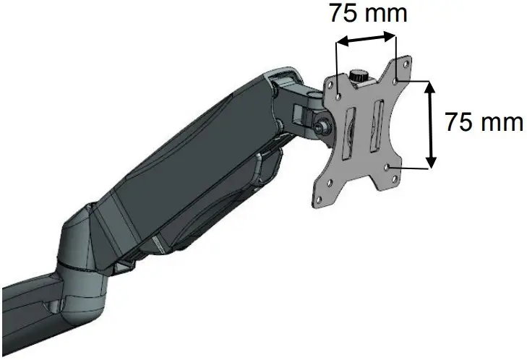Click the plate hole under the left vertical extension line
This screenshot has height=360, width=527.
(340, 93)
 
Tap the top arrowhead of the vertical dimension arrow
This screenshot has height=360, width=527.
(432, 85)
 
